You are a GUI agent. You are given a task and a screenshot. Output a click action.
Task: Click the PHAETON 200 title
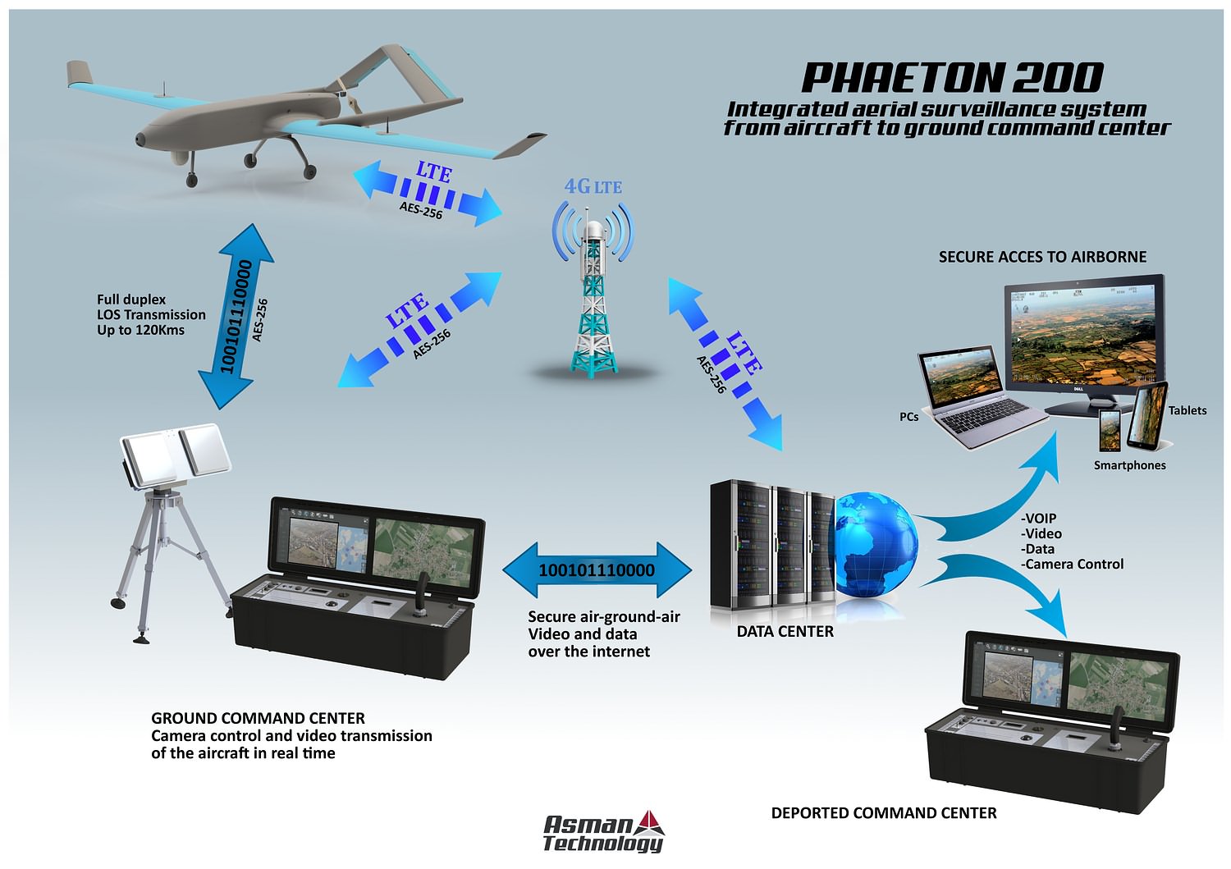point(952,77)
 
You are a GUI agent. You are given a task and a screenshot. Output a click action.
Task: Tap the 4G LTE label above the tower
point(593,187)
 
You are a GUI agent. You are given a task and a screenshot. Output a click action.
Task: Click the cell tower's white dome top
point(593,230)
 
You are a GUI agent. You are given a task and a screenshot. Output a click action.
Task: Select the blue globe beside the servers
point(876,545)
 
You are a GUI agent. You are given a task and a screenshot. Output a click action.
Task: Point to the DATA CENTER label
point(785,632)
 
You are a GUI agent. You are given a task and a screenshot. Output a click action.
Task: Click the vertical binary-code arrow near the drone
point(236,316)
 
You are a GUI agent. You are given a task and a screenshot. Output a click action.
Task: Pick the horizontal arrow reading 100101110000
point(597,570)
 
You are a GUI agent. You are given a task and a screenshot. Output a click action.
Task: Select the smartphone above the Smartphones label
point(1110,431)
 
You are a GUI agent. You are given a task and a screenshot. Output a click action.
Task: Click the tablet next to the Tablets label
point(1147,415)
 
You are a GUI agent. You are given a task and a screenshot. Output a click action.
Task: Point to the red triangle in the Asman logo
point(650,823)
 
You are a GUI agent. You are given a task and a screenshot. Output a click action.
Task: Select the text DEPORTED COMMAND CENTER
point(884,813)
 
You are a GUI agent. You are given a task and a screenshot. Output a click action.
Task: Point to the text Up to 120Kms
point(140,331)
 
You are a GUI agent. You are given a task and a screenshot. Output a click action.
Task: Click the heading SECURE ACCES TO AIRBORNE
point(1042,257)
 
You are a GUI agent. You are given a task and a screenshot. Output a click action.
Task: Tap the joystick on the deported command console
point(1117,730)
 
